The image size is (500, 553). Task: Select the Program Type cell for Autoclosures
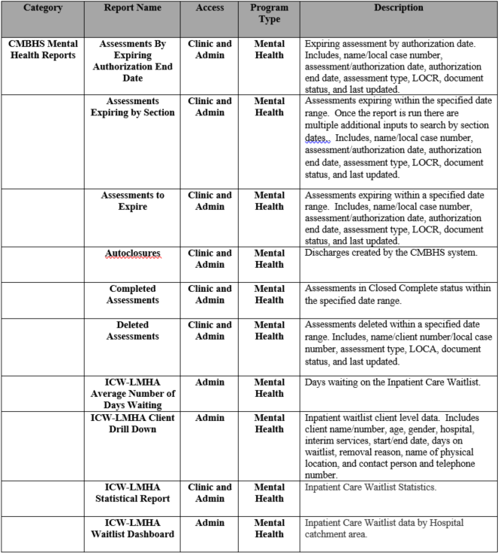click(x=269, y=259)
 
